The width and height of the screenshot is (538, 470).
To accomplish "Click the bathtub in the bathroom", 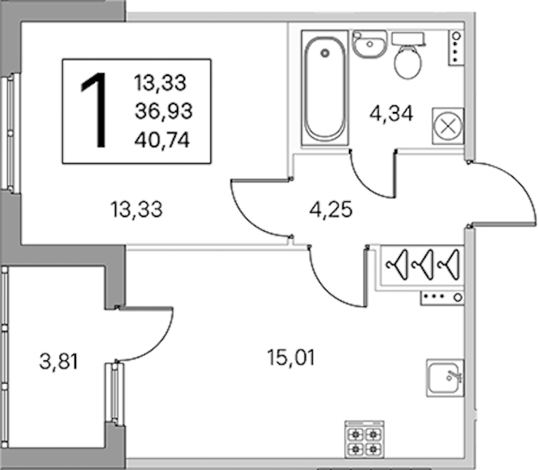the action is (325, 89).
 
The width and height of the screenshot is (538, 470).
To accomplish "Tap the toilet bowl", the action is (408, 63).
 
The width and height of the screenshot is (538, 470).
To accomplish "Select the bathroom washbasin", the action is (369, 45).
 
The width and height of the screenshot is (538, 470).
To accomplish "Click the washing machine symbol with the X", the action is (448, 126).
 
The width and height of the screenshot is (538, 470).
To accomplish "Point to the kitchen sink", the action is (445, 378).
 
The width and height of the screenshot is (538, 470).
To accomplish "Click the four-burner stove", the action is (364, 439).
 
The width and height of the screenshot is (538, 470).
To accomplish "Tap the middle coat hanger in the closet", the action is (423, 264).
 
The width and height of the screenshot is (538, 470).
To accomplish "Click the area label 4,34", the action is (391, 114).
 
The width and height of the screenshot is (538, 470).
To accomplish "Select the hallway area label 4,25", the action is (331, 209).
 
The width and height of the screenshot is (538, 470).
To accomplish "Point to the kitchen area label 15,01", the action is (291, 358).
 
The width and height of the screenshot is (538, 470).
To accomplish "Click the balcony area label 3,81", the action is (59, 362).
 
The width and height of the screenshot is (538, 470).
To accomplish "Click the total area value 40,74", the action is (162, 140).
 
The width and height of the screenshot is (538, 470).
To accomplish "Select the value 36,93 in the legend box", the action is (163, 111).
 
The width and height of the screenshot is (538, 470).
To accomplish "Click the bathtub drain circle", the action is (325, 53).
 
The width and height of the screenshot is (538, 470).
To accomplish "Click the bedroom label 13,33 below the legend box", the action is (136, 209).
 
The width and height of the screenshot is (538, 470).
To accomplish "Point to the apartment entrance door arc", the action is (522, 188).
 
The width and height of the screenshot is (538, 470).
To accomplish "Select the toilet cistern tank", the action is (409, 38).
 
